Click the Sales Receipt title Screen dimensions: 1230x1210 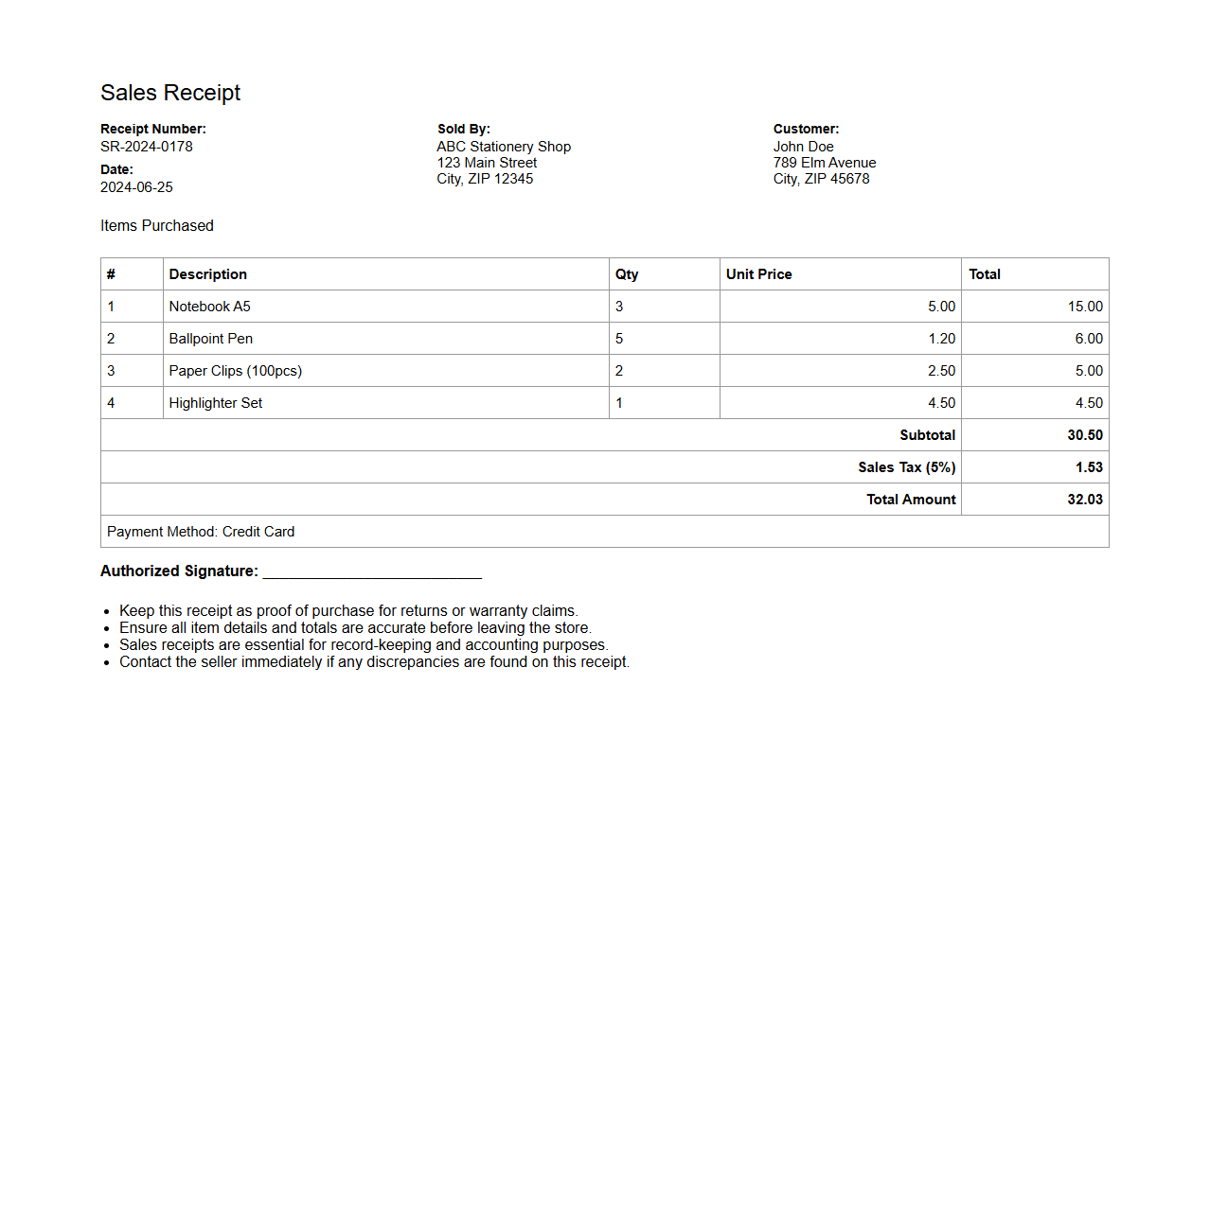170,93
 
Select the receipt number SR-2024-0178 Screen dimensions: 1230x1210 147,147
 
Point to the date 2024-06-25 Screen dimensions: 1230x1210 136,187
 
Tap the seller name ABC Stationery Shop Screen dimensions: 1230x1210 504,147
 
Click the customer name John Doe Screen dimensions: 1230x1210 803,147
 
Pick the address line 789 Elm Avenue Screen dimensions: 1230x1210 824,163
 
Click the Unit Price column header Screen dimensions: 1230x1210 758,274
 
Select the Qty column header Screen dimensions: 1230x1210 627,274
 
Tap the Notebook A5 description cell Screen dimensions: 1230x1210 210,307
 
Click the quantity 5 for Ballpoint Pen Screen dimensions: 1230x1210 619,339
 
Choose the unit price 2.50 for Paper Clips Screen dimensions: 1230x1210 941,371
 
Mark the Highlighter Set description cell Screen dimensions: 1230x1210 216,403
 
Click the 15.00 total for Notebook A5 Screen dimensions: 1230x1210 1085,307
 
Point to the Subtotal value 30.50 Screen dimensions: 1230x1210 1085,435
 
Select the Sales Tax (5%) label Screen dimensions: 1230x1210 906,467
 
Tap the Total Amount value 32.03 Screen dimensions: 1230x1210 1085,500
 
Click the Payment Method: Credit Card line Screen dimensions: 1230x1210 201,532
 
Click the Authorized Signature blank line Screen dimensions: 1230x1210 372,571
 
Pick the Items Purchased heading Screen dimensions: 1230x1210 157,225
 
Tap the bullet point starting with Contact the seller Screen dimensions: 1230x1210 374,662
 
